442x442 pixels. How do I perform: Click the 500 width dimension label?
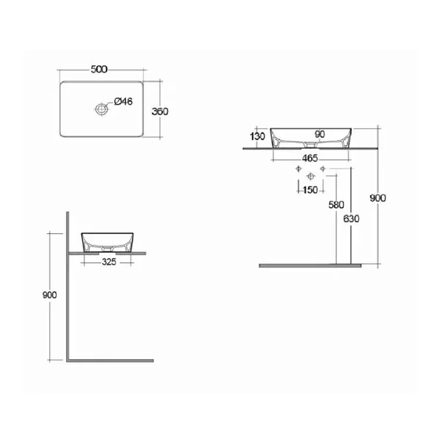coord(100,70)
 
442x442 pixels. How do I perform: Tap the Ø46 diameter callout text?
coord(123,102)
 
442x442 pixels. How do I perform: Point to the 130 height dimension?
coord(257,137)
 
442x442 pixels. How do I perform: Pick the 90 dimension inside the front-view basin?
coord(320,134)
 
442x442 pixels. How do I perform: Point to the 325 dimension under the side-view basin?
coord(107,260)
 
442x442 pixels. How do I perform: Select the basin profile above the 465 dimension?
coord(312,137)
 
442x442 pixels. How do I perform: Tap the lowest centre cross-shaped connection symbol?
coord(312,176)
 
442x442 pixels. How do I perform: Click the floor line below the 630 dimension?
coord(315,265)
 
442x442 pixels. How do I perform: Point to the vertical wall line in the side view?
coord(67,293)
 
